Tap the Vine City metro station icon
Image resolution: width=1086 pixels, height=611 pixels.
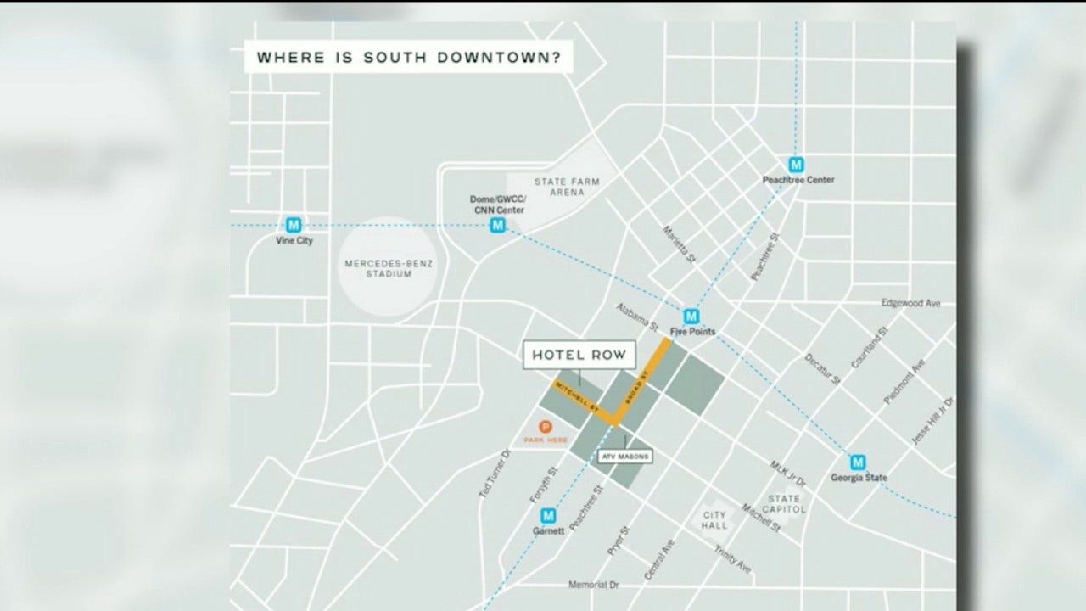coord(294,225)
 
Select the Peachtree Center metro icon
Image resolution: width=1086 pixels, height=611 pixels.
coord(797,165)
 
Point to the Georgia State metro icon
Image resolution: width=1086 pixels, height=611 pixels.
coord(859,462)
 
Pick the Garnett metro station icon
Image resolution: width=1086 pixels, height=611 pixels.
coord(548,515)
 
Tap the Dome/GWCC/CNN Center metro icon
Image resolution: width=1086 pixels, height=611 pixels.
coord(498,225)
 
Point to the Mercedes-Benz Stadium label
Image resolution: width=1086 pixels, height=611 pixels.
coord(389,269)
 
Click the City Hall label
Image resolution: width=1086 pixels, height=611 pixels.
coord(714,520)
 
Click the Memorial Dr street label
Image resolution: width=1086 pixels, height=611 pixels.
coord(602,586)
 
